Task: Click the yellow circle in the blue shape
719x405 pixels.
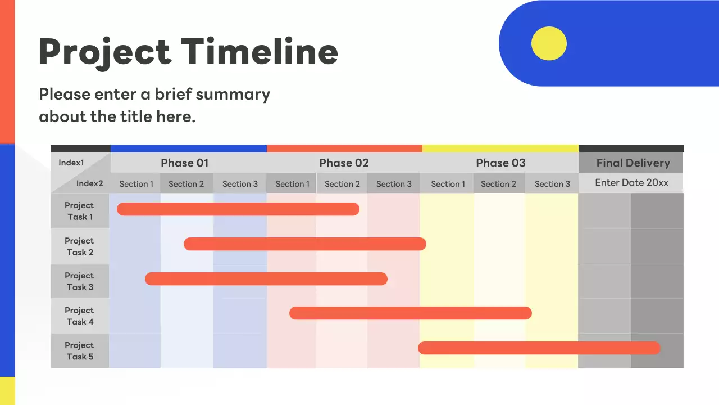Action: coord(549,43)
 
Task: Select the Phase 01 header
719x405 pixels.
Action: coord(184,163)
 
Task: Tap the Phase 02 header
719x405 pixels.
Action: coord(344,163)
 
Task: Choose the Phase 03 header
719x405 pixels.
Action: coord(500,163)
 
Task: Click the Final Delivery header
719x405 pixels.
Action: coord(632,163)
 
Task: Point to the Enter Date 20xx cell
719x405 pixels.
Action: coord(631,183)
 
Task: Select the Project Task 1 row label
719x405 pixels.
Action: coord(79,211)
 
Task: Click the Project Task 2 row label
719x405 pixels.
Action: coord(79,246)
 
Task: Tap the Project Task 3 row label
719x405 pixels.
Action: coord(79,281)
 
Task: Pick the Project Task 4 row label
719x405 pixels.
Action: coord(79,316)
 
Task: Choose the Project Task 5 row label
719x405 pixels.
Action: coord(79,351)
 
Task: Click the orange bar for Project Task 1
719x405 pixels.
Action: coord(238,209)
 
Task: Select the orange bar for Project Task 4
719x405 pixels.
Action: coord(410,313)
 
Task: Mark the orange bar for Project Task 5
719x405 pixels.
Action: coord(539,348)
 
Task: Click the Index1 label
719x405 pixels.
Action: coord(71,163)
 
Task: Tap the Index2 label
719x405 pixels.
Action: coord(90,183)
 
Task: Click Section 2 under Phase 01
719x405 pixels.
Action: coord(186,184)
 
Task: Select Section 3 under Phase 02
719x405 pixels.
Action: coord(394,184)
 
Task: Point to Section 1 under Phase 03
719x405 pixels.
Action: coord(448,184)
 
